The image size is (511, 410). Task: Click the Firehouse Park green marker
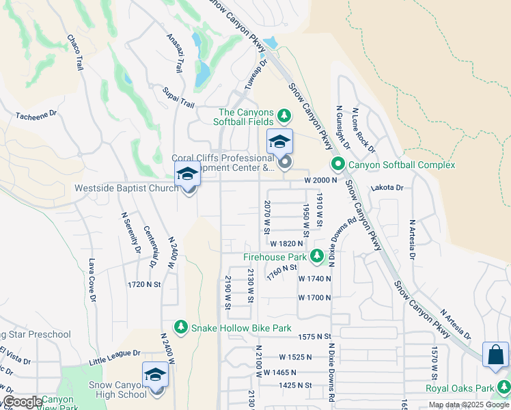(x=316, y=257)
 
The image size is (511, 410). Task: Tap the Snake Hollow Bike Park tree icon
(x=181, y=328)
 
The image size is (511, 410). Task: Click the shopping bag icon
(x=495, y=355)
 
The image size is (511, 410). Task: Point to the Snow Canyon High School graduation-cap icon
(x=155, y=375)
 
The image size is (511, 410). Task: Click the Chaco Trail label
(x=75, y=53)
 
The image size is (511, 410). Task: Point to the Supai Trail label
(x=179, y=96)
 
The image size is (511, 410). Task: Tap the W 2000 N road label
(x=322, y=180)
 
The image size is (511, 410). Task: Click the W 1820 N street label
(x=286, y=243)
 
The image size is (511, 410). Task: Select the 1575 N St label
(x=314, y=336)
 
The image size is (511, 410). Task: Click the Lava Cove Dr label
(x=90, y=279)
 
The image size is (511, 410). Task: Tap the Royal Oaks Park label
(x=459, y=389)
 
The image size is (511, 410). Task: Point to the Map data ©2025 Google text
(x=469, y=405)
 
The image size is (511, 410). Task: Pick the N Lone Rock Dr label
(x=363, y=129)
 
